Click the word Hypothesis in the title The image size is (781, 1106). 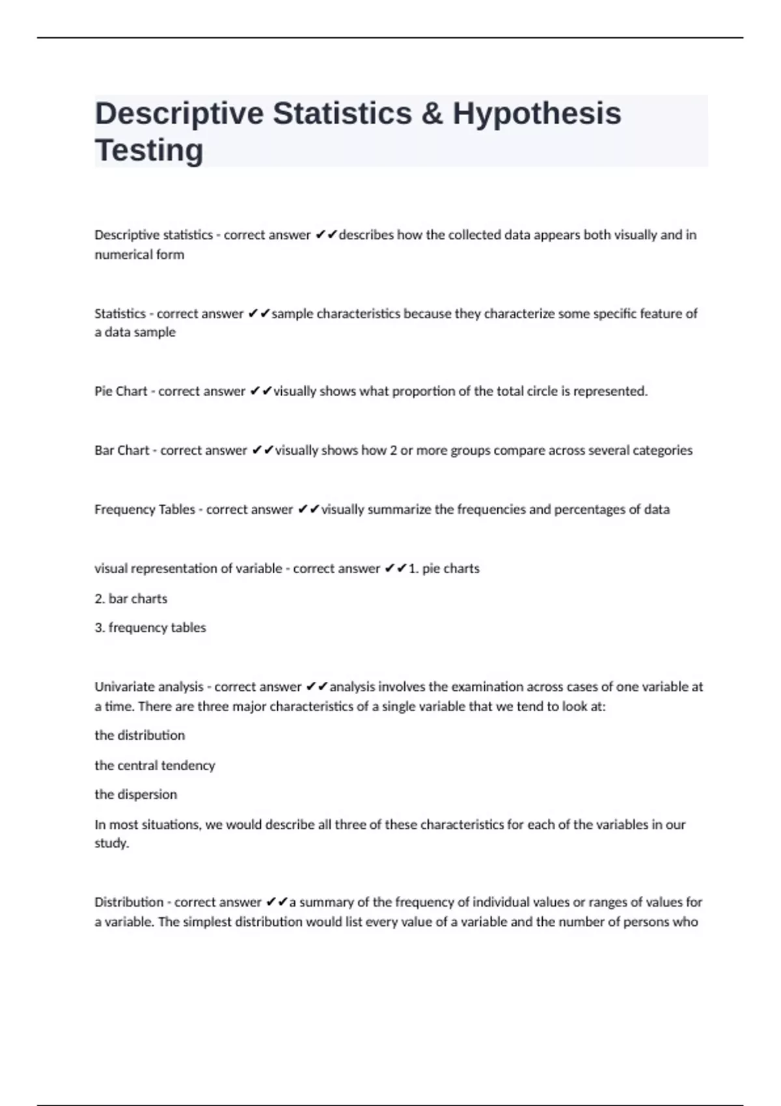click(537, 113)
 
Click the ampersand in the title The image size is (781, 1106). click(432, 113)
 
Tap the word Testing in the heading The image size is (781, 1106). click(149, 150)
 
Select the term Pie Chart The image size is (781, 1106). click(121, 391)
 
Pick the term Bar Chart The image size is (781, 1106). click(122, 450)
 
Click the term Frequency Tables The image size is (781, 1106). click(144, 509)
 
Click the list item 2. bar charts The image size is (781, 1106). click(131, 599)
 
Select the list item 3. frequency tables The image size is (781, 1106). click(150, 628)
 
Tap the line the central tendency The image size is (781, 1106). click(155, 765)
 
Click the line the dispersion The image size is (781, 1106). click(136, 794)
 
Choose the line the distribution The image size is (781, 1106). click(140, 735)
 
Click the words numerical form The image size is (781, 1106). click(139, 254)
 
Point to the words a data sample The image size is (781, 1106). click(135, 332)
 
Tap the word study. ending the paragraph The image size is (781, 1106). click(112, 843)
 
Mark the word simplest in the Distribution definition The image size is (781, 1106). click(208, 922)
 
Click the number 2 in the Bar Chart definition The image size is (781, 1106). click(393, 450)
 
